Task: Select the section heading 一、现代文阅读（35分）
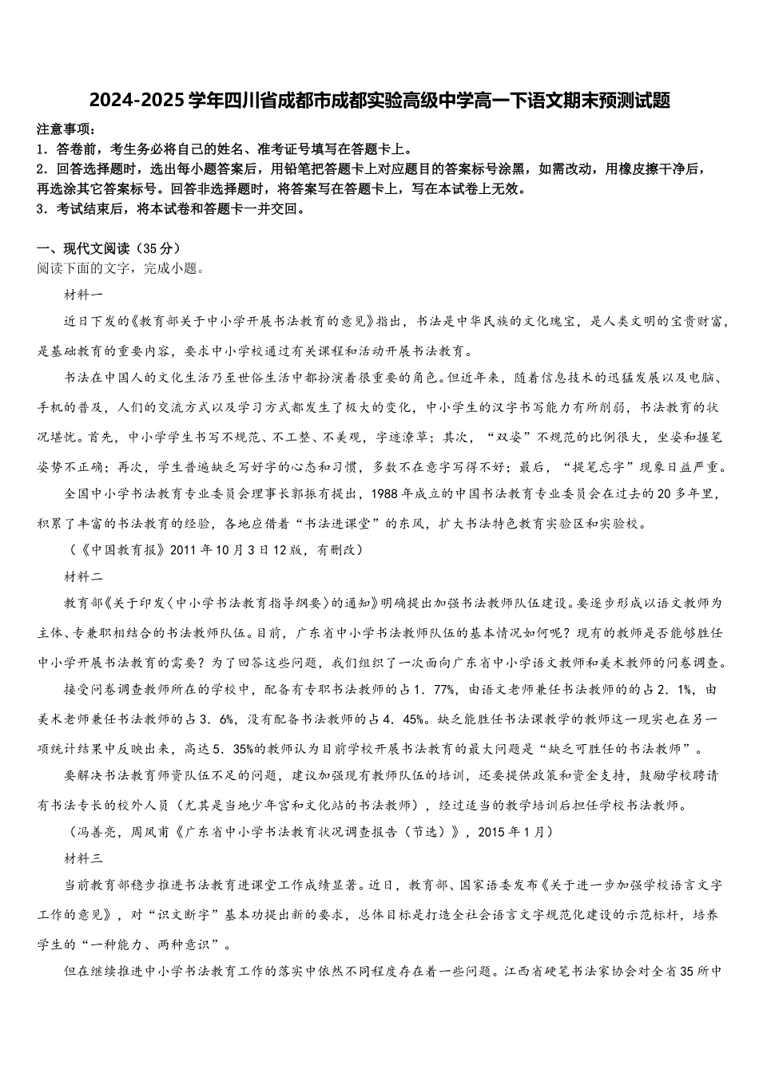click(x=109, y=248)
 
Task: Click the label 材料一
click(x=83, y=295)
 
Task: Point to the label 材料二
click(x=83, y=575)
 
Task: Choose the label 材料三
click(x=83, y=858)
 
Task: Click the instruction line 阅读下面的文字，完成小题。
click(x=121, y=268)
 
